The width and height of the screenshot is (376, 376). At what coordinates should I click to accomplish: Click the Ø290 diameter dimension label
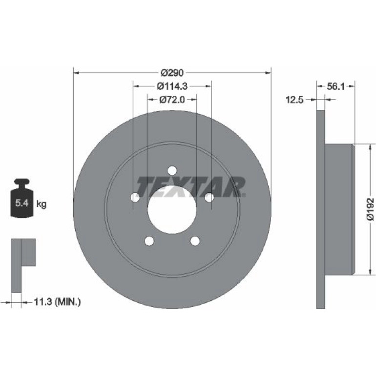(172, 73)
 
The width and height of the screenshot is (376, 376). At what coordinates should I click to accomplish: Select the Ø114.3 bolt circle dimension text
(172, 86)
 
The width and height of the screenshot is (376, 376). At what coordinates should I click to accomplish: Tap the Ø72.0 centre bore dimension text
(172, 100)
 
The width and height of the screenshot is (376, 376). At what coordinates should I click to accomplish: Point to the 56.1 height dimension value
(336, 86)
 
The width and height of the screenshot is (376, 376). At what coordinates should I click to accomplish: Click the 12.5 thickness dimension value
(294, 100)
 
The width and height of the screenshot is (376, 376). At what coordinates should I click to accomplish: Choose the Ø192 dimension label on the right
(371, 209)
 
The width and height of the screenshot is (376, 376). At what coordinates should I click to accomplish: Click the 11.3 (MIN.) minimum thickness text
(57, 302)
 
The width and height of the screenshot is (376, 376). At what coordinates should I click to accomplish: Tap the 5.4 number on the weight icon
(22, 203)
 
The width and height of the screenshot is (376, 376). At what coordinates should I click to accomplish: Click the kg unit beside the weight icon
(41, 204)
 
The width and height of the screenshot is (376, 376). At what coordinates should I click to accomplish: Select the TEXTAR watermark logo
(190, 187)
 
